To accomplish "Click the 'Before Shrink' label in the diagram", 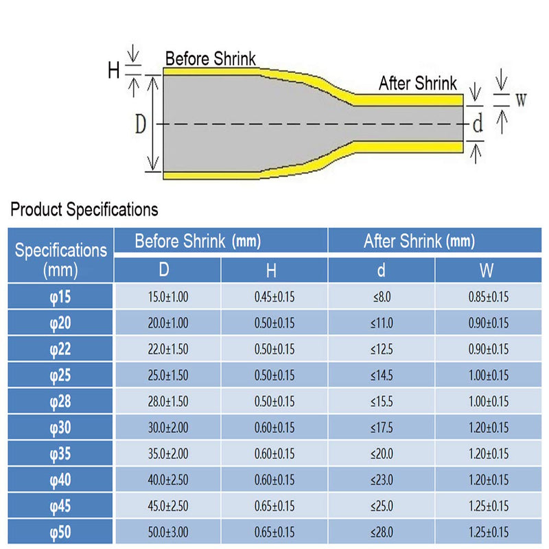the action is click(x=211, y=58).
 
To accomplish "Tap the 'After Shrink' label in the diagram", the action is click(x=418, y=83).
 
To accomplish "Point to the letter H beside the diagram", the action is click(x=114, y=71).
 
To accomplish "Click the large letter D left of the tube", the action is click(x=141, y=124).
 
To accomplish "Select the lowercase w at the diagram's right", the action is click(x=521, y=100).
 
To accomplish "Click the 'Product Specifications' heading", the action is click(x=84, y=209).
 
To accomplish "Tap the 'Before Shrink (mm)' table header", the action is click(x=198, y=242).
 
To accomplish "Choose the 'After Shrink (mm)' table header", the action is click(x=419, y=242).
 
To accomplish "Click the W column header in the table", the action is click(x=487, y=270).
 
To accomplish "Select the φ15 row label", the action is click(x=60, y=297).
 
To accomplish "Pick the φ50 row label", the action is click(x=60, y=533).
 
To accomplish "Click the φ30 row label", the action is click(x=60, y=428).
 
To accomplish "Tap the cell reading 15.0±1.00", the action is click(x=168, y=297).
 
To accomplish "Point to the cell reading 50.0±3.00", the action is click(x=168, y=533).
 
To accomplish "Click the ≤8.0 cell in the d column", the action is click(x=382, y=297).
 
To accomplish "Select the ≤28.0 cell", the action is click(x=382, y=533).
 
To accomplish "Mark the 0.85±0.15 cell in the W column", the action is click(x=489, y=297).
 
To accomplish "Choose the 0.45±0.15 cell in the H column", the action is click(x=274, y=297).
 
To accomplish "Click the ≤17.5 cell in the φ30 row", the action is click(x=382, y=428).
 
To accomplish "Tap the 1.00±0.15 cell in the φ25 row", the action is click(x=489, y=375).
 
